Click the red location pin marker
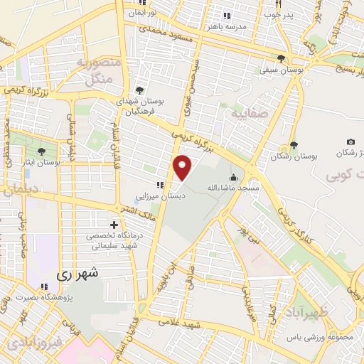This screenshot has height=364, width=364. [x=183, y=168]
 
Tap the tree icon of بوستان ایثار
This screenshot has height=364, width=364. [x=42, y=151]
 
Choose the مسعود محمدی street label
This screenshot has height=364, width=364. [x=166, y=32]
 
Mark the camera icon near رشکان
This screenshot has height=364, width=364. [x=350, y=142]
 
